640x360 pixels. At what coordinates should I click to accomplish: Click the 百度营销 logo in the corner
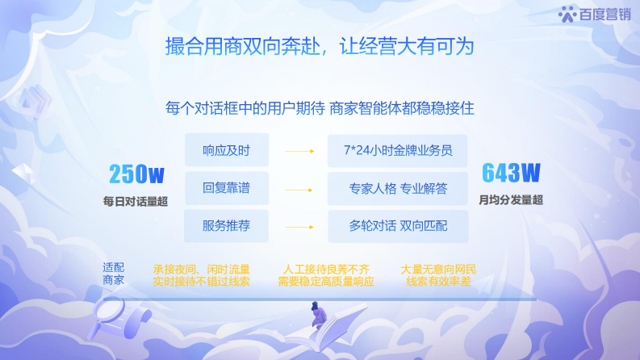(594, 14)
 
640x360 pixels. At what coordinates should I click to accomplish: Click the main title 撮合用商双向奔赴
(320, 46)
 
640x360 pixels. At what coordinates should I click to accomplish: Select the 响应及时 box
(226, 151)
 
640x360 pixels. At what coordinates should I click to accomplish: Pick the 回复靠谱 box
(226, 188)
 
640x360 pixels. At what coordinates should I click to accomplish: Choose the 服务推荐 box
(226, 226)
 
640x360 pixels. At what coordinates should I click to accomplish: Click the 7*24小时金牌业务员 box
(398, 151)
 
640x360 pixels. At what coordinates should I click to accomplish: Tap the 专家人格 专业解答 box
(398, 188)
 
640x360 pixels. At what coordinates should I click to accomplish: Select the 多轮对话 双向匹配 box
(398, 226)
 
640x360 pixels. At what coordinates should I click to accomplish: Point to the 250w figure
(136, 174)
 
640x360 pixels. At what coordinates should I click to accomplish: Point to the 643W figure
(510, 173)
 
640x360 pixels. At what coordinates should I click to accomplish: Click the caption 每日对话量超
(136, 200)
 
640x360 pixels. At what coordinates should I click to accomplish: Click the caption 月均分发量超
(510, 199)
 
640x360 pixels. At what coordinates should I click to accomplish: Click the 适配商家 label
(114, 274)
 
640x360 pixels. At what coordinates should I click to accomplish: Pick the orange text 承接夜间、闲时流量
(201, 268)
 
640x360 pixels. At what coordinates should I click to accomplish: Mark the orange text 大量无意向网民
(439, 268)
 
